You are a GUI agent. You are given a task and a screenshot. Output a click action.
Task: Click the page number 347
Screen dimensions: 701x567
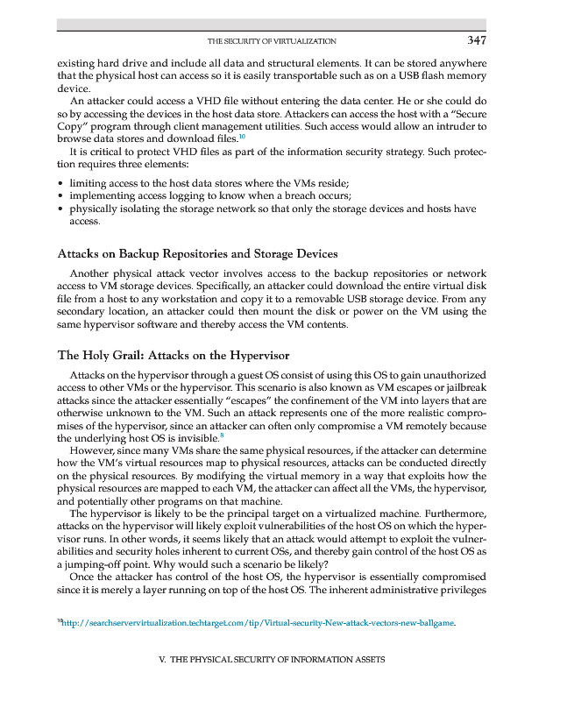476,40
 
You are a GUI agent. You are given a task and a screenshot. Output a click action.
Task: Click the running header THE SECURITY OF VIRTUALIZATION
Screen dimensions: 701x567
272,41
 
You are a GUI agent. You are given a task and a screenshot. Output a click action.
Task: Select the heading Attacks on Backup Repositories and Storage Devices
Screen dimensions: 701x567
197,254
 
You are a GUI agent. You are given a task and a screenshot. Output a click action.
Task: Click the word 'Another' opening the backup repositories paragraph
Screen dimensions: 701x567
90,273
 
